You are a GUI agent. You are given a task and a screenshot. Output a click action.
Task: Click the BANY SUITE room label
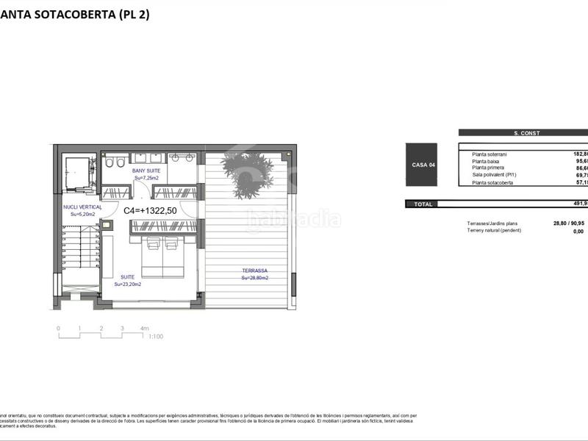[148, 171]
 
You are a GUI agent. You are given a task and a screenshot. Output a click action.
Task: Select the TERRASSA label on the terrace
[255, 271]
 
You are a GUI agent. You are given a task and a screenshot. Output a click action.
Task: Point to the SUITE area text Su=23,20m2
[128, 284]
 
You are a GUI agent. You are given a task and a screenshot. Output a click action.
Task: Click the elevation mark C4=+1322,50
[150, 211]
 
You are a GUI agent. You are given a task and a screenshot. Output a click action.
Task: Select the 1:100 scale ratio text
[155, 336]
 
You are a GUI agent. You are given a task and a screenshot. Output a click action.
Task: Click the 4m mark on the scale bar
[145, 328]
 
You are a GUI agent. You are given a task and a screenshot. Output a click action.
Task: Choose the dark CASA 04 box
[423, 165]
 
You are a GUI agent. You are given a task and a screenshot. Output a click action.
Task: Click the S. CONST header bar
[526, 133]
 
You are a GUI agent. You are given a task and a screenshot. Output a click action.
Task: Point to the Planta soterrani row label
[490, 154]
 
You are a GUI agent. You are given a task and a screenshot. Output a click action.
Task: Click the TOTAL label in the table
[424, 204]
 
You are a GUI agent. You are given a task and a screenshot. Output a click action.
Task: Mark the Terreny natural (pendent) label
[494, 231]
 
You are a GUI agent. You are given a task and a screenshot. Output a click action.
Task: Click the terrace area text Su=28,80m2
[256, 279]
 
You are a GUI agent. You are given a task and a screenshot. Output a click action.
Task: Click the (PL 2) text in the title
[133, 14]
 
